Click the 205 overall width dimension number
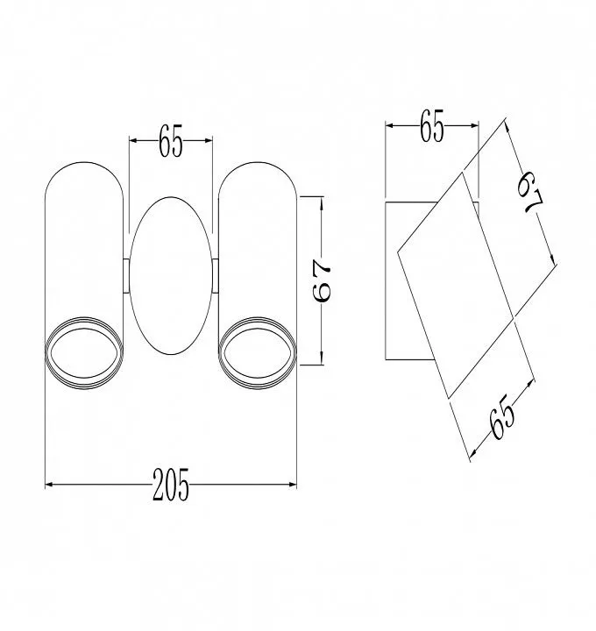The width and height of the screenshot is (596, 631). pos(171,485)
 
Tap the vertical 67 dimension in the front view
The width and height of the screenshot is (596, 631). pos(322,280)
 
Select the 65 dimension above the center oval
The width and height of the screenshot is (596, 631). pos(171,140)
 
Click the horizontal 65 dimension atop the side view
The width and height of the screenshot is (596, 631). pos(431,125)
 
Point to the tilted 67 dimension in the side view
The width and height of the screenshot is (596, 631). pos(530,193)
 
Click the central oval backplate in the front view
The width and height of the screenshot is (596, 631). pos(171,276)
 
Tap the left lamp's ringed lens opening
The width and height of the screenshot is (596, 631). pos(84,353)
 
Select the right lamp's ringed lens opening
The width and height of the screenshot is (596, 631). pos(258,353)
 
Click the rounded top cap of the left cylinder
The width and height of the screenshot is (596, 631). pos(84,163)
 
